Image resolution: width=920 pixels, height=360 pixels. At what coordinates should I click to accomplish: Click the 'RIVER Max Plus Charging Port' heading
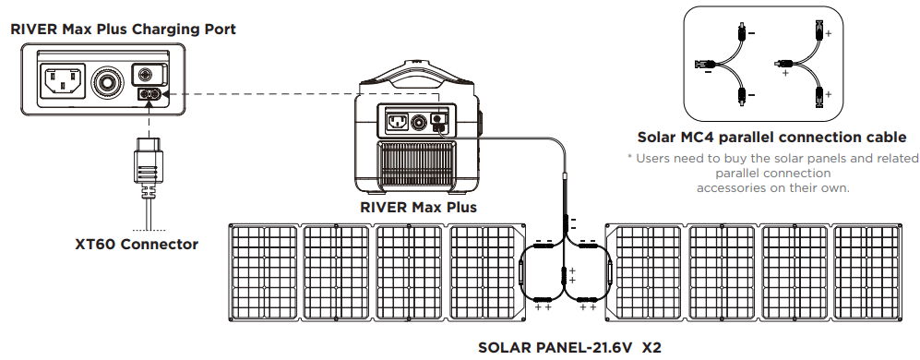tap(123, 30)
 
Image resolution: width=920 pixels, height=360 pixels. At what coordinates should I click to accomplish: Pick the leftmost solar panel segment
tap(263, 272)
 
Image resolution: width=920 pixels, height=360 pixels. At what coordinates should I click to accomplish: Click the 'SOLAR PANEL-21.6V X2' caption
tap(569, 348)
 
